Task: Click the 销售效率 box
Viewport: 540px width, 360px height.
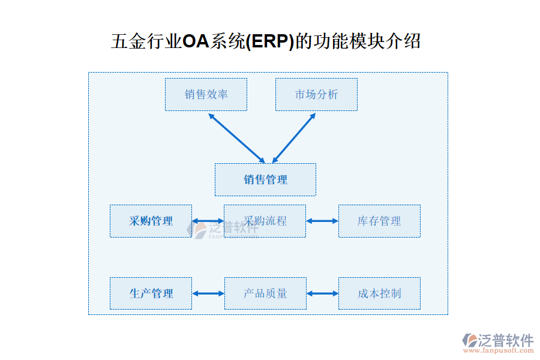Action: [x=206, y=94]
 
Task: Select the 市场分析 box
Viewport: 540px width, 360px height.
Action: [x=316, y=94]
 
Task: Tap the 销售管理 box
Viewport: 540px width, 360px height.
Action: [x=265, y=179]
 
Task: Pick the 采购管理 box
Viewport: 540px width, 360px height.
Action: [x=151, y=221]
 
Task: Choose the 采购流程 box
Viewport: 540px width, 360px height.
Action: [x=265, y=221]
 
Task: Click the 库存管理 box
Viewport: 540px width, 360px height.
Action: [x=379, y=221]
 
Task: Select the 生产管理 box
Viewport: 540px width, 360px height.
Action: [x=151, y=293]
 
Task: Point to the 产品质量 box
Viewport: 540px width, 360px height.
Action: [x=265, y=293]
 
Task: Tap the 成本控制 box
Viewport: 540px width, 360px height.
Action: [x=379, y=293]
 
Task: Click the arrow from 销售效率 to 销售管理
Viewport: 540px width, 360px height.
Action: [x=236, y=137]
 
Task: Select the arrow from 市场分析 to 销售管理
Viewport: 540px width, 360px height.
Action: [x=294, y=137]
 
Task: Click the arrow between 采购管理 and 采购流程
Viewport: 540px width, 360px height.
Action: [x=208, y=221]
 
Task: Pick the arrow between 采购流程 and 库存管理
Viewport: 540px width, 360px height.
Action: [x=322, y=221]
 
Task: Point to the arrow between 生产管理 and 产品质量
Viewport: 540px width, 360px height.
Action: [x=208, y=293]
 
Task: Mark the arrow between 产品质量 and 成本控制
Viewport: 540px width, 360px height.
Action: [x=322, y=293]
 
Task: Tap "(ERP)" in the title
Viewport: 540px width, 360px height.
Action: [x=271, y=41]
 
